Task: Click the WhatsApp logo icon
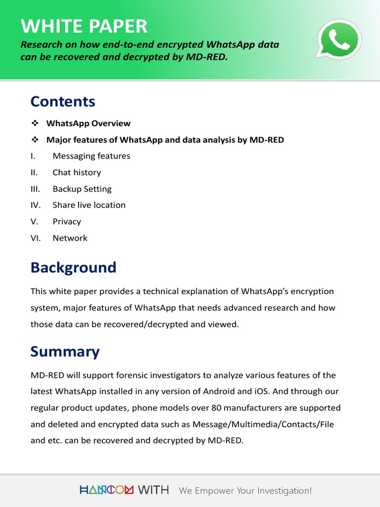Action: (x=338, y=40)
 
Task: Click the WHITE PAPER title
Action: (x=84, y=26)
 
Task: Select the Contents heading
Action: (x=62, y=101)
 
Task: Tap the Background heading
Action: (x=73, y=267)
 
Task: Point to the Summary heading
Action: (x=65, y=352)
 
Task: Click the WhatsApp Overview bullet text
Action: (x=88, y=123)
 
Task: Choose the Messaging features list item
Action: (x=91, y=156)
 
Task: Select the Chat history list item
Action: (x=77, y=172)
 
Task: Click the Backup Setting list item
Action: (x=82, y=189)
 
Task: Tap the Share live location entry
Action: (x=89, y=205)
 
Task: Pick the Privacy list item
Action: (x=67, y=221)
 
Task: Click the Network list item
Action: (x=70, y=238)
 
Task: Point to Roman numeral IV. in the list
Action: (x=36, y=205)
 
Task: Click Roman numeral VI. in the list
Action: (x=36, y=238)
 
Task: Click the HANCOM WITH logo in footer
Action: (x=124, y=490)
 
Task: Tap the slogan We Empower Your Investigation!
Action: (x=245, y=491)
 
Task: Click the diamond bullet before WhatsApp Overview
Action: (x=35, y=123)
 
